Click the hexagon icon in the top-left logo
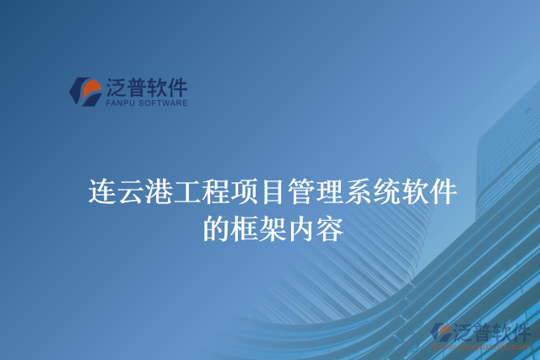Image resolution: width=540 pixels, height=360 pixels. point(85,91)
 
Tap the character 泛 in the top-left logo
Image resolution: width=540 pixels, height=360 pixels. point(116,86)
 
